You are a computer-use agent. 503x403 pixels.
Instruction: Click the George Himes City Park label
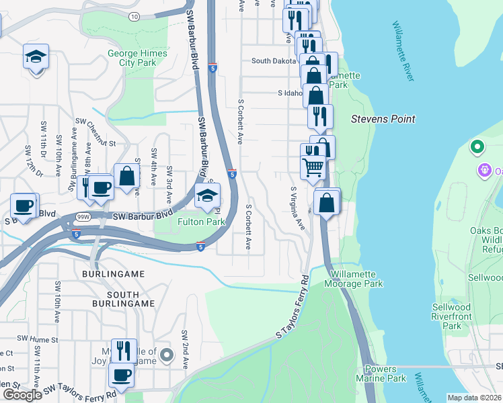click(137, 58)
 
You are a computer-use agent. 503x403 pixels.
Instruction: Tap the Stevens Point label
click(383, 119)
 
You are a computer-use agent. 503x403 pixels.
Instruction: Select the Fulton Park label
click(200, 221)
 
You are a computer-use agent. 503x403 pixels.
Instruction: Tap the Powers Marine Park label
click(385, 373)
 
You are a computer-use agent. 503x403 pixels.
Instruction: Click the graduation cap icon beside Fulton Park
click(208, 195)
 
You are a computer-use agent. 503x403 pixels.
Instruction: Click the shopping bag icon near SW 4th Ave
click(126, 177)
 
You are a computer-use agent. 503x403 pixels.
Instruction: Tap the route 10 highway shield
click(134, 15)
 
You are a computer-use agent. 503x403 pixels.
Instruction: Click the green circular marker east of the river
click(477, 146)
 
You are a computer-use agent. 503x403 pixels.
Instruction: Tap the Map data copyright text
click(475, 398)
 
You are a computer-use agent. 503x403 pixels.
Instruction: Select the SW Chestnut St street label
click(96, 132)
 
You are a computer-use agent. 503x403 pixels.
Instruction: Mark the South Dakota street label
click(274, 60)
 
